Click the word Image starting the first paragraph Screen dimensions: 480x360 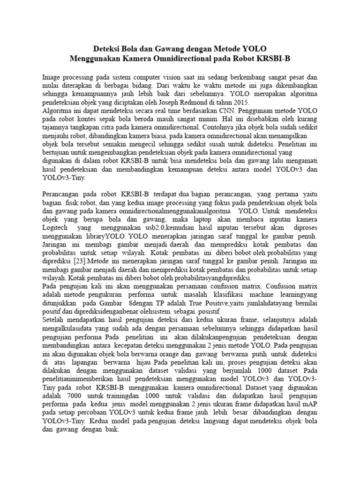(52, 77)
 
